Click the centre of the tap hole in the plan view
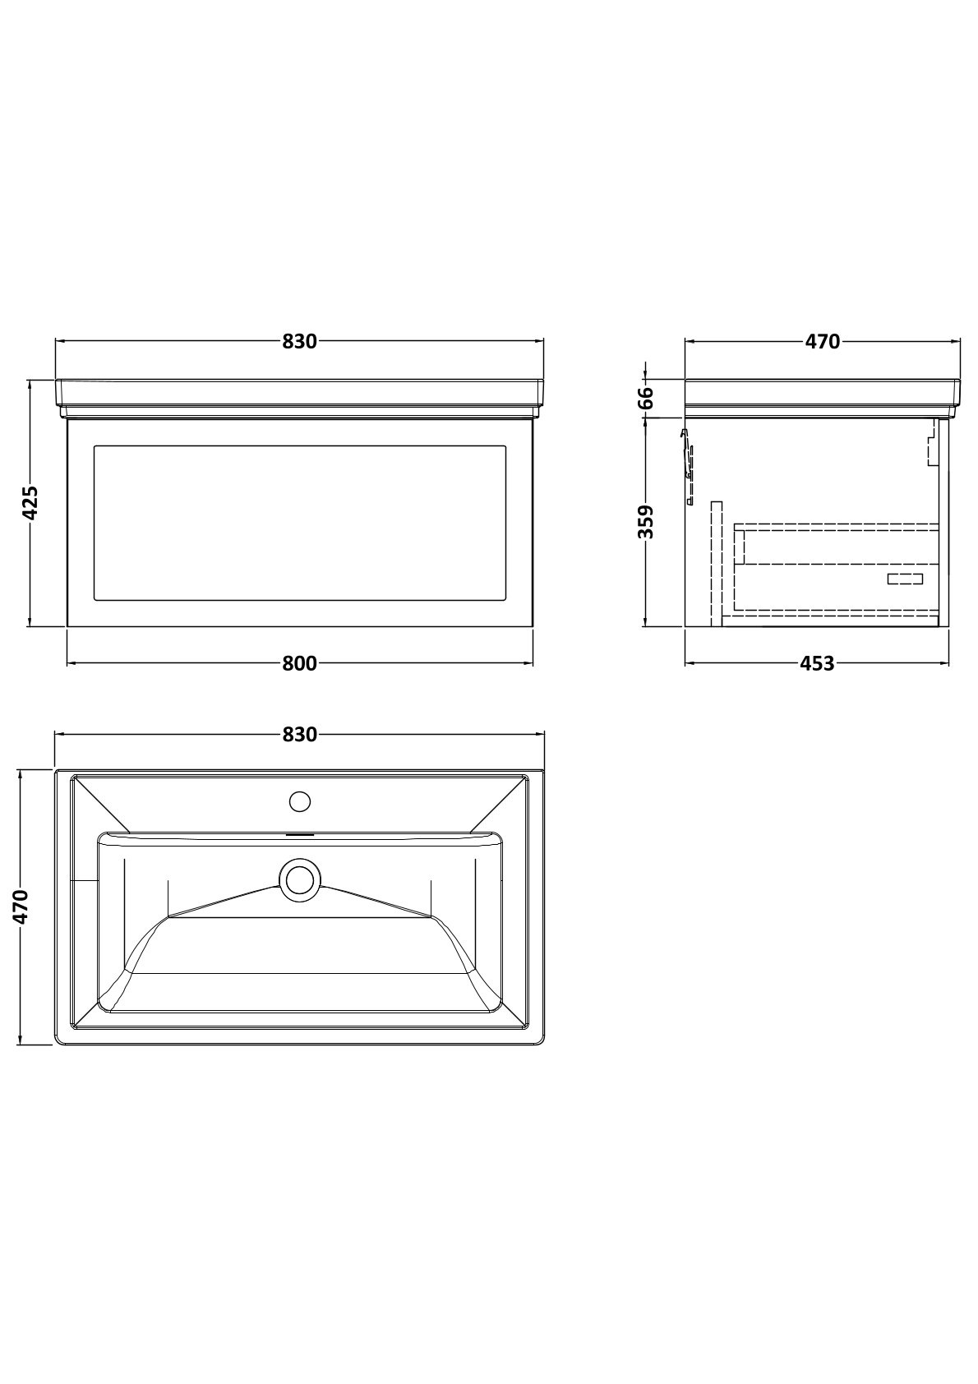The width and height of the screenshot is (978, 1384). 300,802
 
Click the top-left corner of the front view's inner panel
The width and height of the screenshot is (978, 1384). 94,445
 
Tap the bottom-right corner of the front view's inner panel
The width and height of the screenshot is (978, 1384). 506,600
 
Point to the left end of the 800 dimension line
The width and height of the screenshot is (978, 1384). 67,663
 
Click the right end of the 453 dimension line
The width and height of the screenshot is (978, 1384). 949,663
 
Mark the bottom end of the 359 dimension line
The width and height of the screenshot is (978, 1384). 646,626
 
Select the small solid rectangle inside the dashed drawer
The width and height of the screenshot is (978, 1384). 905,579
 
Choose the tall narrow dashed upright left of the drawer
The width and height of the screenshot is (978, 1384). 717,564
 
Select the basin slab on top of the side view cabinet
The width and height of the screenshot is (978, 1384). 823,398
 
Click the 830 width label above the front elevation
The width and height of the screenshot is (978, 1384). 300,342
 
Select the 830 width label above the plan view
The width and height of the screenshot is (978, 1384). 300,735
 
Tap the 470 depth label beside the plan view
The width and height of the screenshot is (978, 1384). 21,907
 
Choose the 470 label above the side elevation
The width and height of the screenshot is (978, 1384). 823,342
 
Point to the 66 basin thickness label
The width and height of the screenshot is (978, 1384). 646,399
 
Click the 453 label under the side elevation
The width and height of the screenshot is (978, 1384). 817,663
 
